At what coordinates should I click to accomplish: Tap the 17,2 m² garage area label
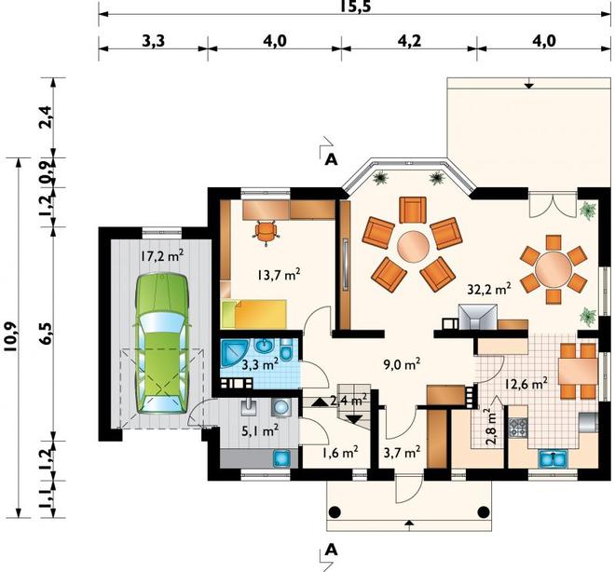tap(162, 256)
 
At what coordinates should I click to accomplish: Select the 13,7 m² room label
tap(279, 274)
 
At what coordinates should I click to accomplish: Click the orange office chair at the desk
tap(266, 232)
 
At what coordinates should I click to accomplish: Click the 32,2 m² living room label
tap(489, 289)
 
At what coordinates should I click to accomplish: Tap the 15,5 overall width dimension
tap(355, 7)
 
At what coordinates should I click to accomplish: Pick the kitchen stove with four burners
tap(518, 428)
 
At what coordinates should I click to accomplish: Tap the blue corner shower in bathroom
tap(234, 353)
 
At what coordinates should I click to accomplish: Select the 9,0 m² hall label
tap(402, 364)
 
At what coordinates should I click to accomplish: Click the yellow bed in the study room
tap(253, 314)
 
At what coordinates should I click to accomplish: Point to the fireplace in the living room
tap(478, 317)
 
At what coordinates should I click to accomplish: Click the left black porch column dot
tap(335, 511)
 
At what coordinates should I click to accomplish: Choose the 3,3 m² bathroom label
tap(260, 365)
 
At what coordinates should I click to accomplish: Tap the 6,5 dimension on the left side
tap(48, 334)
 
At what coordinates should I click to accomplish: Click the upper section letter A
tap(332, 160)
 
